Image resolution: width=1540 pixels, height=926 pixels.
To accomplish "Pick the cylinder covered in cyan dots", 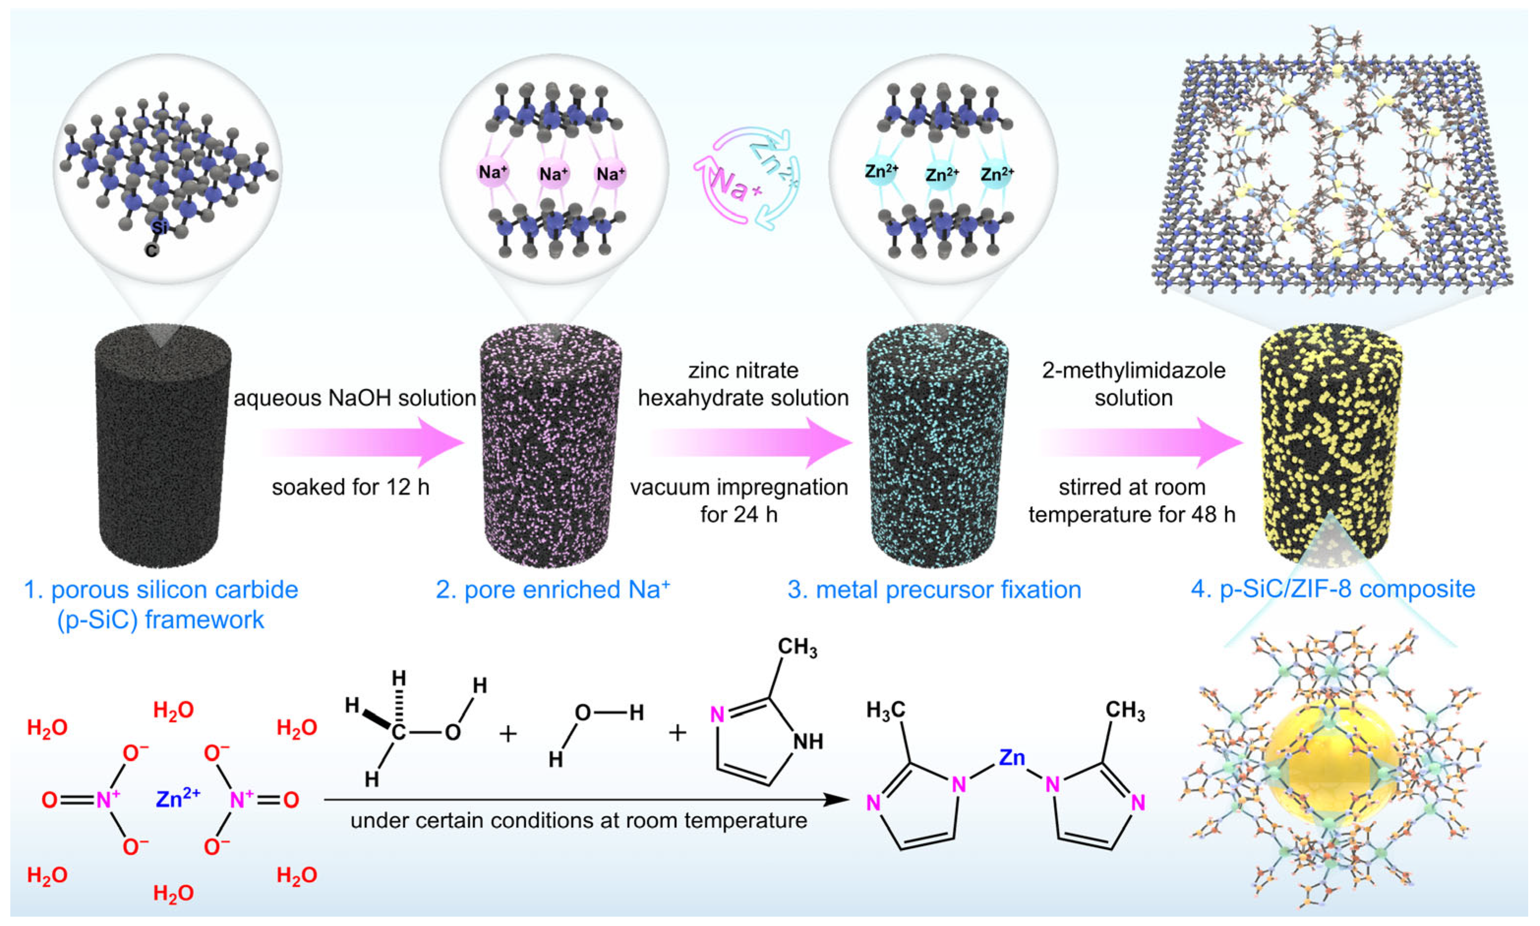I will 937,446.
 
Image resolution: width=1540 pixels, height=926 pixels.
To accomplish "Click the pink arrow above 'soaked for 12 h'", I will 362,442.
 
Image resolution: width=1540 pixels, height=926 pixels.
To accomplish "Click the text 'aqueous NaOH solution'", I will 354,398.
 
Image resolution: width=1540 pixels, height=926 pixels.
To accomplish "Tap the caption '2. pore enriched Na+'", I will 553,589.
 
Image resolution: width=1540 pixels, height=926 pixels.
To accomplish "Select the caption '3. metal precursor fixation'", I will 934,589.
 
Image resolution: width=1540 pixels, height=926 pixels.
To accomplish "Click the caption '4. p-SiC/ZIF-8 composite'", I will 1333,588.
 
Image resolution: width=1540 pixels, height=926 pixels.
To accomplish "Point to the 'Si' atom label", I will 160,227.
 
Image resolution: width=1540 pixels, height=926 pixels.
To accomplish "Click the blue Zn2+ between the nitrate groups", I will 178,799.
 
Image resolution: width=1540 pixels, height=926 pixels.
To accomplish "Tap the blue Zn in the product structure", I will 1011,758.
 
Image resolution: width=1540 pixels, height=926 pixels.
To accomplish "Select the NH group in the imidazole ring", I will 807,741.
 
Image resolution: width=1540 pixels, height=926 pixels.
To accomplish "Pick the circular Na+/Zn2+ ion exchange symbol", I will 747,179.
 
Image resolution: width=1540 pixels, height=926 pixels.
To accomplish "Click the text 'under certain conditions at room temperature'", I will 578,821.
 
